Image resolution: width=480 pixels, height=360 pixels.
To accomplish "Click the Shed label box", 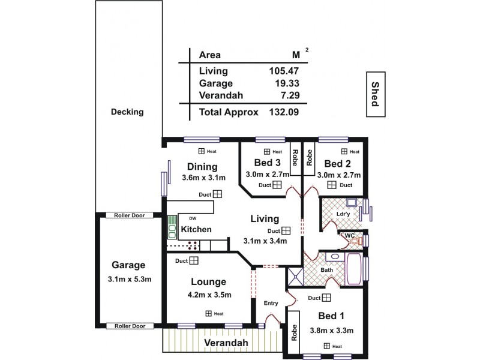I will click(375, 94).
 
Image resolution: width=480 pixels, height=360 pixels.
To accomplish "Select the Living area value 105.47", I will click(284, 71).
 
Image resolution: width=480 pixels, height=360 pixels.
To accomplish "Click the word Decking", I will click(127, 112).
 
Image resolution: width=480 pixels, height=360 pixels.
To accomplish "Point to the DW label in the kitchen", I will click(193, 218).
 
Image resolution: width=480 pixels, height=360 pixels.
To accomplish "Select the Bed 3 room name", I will click(267, 163).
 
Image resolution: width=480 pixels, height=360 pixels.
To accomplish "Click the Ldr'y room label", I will click(344, 214).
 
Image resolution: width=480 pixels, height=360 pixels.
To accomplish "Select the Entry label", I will click(271, 303).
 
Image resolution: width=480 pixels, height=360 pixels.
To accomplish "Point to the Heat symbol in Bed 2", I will click(345, 152).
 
